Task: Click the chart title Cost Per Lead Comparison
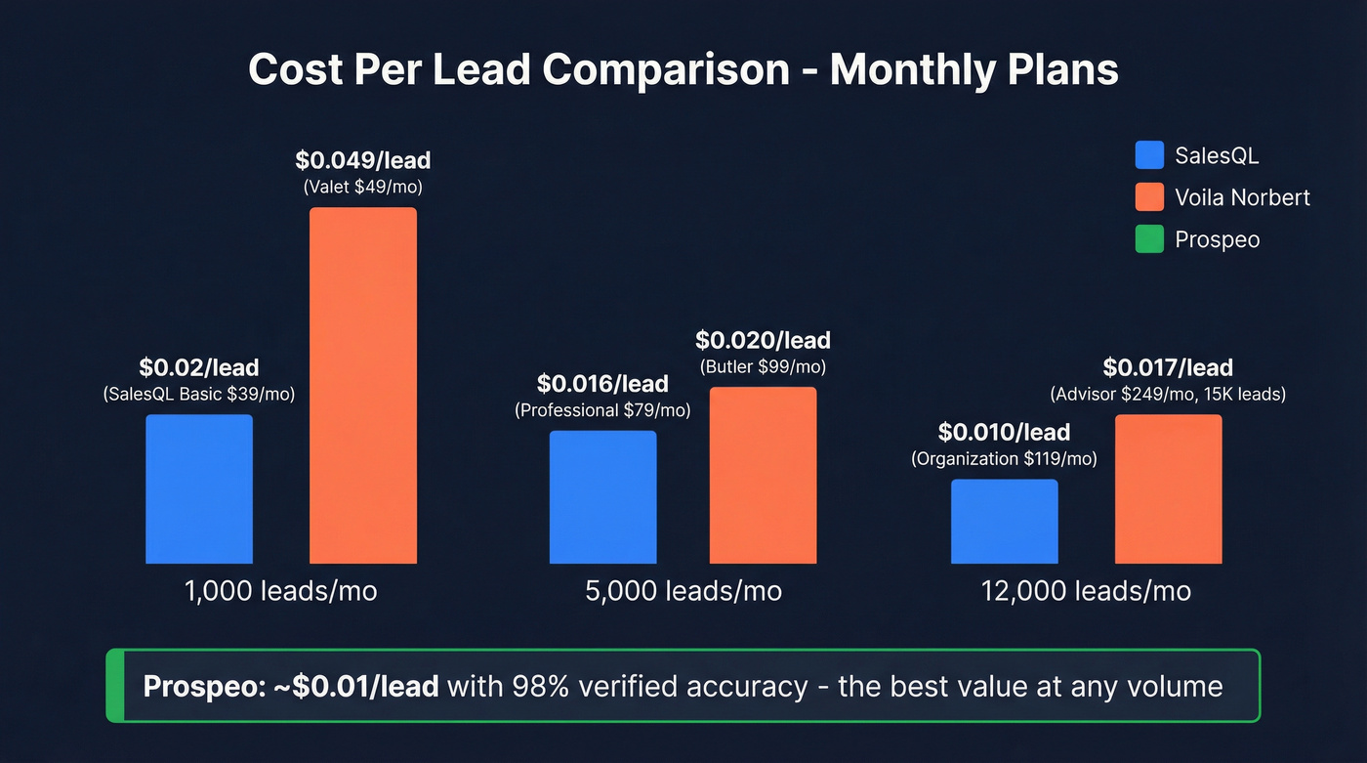point(683,70)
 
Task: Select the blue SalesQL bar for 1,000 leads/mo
point(199,488)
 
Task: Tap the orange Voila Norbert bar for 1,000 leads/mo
point(363,385)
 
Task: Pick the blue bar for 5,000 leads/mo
point(602,496)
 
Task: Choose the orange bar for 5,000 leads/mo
point(763,475)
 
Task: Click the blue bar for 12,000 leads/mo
point(1004,521)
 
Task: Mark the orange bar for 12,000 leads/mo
point(1168,488)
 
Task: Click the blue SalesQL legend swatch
point(1149,155)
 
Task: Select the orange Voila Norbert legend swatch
point(1149,197)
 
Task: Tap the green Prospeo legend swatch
point(1149,239)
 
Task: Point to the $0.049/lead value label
point(362,160)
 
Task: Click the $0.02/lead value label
point(199,368)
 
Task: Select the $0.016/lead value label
point(602,385)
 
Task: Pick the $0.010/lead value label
point(1004,432)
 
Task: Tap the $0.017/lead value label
point(1168,368)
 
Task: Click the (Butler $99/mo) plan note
point(763,367)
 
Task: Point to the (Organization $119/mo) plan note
point(1004,458)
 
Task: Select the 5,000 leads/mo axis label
point(683,591)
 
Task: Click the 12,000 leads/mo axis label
point(1086,591)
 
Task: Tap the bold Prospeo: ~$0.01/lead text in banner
point(290,686)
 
